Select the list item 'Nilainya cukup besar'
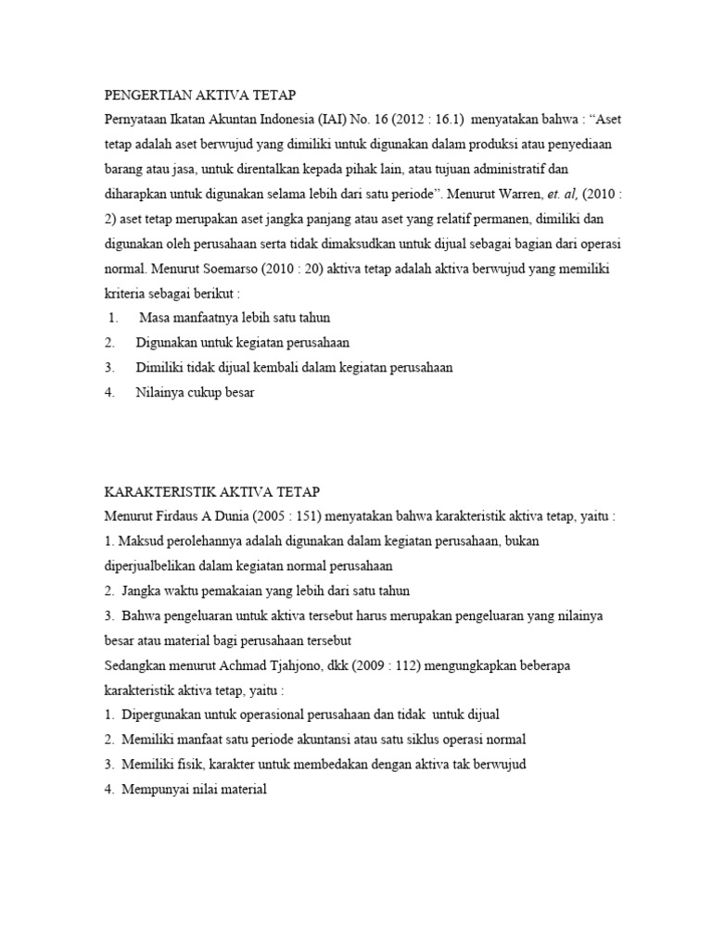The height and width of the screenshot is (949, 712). coord(194,392)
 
